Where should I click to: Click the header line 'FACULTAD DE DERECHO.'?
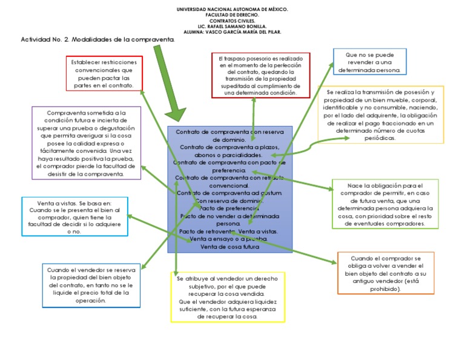point(232,15)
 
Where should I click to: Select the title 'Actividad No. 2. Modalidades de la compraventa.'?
point(97,39)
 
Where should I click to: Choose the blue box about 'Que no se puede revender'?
point(369,62)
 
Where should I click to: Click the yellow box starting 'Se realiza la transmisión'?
point(381,115)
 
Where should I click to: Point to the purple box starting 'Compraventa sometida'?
point(86,143)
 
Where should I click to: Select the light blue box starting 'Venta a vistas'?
point(74,216)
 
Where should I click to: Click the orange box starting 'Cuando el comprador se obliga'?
point(386,273)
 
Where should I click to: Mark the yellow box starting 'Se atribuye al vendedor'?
point(227,297)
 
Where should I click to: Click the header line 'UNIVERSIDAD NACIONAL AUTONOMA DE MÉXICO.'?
point(232,10)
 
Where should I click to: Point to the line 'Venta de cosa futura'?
point(229,247)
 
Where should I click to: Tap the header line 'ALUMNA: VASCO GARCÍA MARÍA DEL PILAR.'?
point(232,32)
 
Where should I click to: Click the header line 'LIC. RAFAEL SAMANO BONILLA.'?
point(232,26)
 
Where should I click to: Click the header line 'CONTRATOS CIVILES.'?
point(232,21)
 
